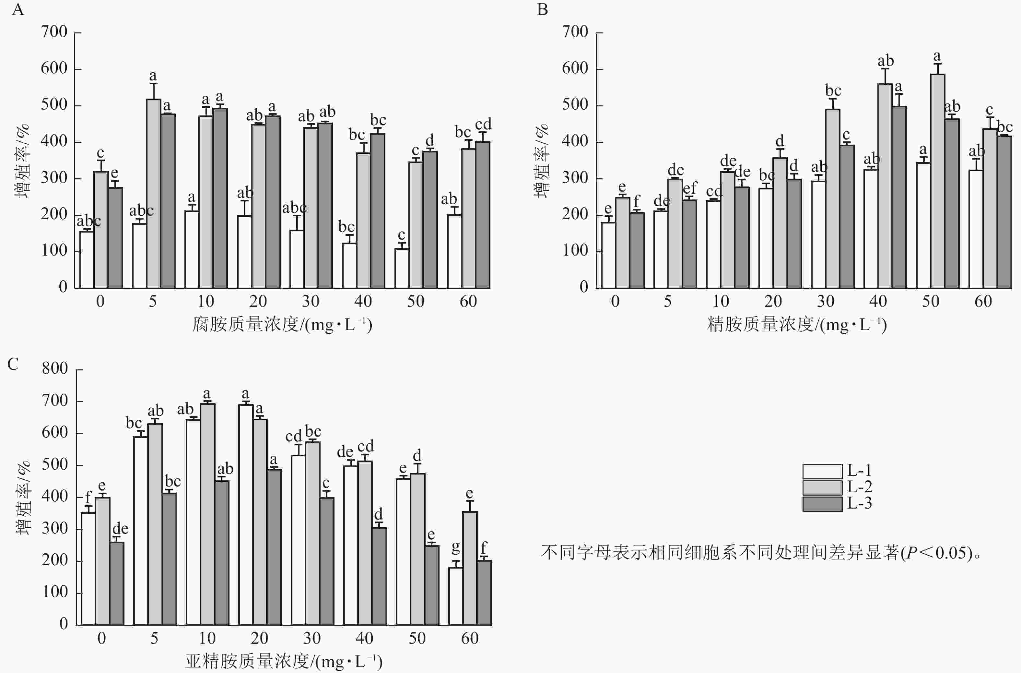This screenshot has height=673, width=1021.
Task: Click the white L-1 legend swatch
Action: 822,471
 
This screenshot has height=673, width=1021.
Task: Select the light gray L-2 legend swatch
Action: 822,487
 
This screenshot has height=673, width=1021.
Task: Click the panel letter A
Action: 18,9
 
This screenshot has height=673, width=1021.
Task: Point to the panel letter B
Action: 542,9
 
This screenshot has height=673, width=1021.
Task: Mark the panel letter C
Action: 13,364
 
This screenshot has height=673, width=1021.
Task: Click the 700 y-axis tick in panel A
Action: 54,32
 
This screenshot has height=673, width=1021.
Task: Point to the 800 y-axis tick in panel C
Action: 54,368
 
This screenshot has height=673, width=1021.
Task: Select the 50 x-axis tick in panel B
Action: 931,301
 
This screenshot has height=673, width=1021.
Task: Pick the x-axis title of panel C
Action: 284,661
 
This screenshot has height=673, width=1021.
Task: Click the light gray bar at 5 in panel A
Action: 153,193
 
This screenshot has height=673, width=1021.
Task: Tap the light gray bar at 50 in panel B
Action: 937,180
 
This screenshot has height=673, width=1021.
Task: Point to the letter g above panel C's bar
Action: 456,547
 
